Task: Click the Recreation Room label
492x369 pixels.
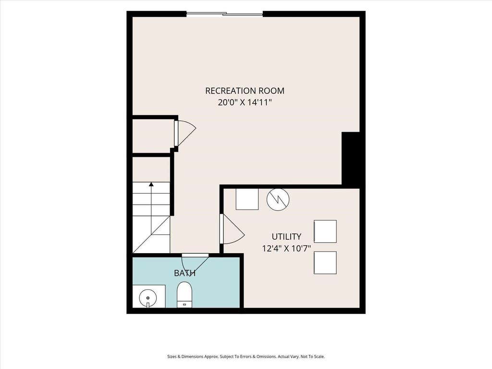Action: pos(245,91)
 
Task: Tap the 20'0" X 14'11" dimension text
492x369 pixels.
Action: pos(245,102)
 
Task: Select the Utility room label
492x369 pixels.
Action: pos(286,236)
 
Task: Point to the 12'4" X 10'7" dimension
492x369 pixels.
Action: pos(286,248)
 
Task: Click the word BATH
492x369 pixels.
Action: pos(185,273)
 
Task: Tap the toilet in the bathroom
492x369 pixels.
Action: pos(184,295)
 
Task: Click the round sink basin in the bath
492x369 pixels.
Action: pos(148,297)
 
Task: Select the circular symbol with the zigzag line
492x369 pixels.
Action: pos(278,199)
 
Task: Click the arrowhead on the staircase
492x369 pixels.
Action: pos(151,184)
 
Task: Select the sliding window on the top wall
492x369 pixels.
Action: pos(225,14)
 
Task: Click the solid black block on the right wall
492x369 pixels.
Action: pos(350,158)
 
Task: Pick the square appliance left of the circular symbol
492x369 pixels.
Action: pos(247,199)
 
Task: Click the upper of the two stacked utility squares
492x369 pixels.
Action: pos(325,232)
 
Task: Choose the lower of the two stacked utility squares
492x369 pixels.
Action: pos(325,263)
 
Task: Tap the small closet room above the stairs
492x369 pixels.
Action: pos(151,136)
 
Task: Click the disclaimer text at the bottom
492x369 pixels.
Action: pos(246,357)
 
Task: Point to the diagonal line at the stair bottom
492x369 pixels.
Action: pos(151,234)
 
